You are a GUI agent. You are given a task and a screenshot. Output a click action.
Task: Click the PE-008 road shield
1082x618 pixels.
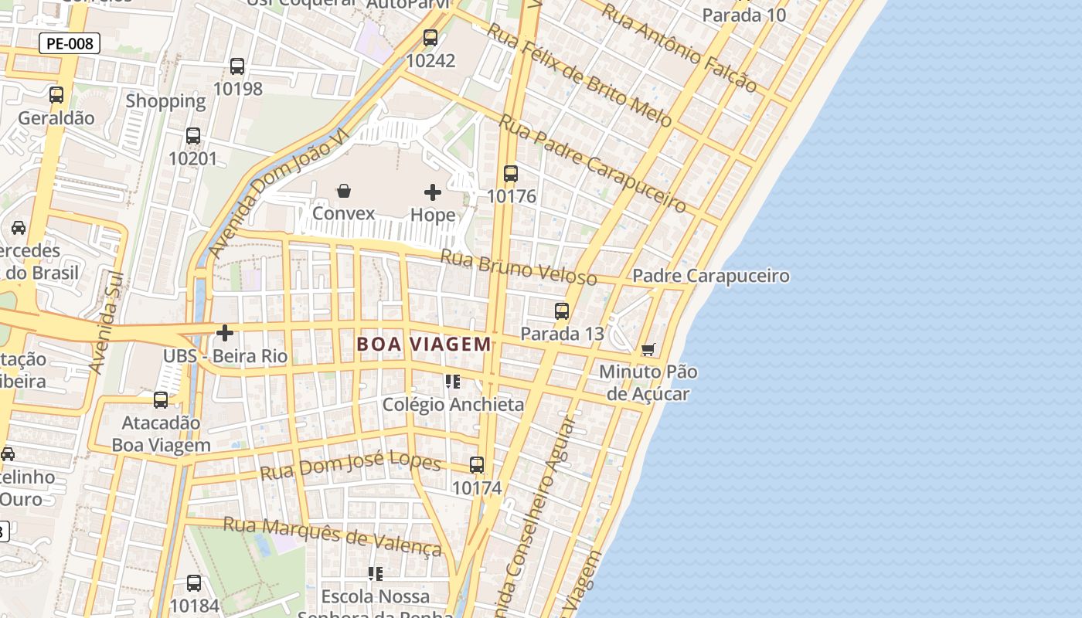(70, 43)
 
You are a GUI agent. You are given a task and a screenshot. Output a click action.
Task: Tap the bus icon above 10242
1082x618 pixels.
(430, 37)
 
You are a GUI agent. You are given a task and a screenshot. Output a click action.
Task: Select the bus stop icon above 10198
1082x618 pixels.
(237, 66)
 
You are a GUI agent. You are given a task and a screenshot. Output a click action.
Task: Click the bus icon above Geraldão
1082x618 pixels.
(56, 95)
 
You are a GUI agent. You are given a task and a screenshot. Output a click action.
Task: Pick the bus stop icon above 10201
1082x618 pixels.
(193, 136)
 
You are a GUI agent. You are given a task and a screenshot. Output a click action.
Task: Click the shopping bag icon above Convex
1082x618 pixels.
(344, 190)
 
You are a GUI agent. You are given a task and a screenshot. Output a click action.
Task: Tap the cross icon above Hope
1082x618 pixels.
(433, 192)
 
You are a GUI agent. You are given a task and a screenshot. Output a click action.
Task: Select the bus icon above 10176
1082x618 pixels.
(511, 173)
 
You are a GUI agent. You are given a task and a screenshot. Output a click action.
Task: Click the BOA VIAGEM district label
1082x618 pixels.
(424, 345)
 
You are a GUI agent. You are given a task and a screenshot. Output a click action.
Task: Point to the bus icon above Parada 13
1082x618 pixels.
(562, 311)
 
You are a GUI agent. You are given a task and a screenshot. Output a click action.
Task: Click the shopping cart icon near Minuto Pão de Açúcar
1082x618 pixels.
(648, 349)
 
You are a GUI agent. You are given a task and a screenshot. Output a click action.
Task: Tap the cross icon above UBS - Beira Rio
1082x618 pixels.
(225, 333)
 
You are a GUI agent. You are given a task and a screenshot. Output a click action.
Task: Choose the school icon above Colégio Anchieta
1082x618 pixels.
(453, 381)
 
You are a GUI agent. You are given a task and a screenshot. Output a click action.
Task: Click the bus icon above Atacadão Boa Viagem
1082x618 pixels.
(161, 400)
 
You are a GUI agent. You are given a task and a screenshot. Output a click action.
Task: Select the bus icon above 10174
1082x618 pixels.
(477, 465)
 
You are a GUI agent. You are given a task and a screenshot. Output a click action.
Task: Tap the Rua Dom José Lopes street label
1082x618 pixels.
(350, 465)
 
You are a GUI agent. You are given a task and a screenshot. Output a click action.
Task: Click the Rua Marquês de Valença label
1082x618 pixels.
(332, 535)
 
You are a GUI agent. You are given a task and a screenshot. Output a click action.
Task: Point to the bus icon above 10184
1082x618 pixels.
(194, 583)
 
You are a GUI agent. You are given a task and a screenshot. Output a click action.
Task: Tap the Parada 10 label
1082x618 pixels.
(743, 15)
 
